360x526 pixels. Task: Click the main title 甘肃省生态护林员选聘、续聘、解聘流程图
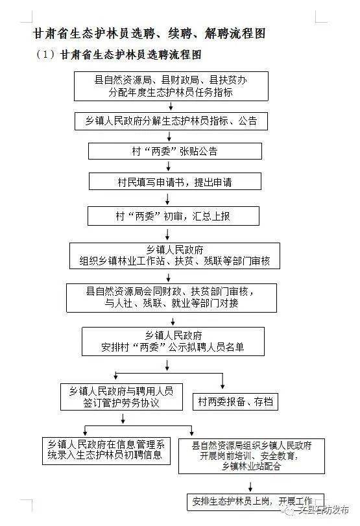click(150, 32)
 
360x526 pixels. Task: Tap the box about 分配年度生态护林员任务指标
click(171, 86)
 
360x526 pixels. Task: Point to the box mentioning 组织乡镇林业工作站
click(174, 256)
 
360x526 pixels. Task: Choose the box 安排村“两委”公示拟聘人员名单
click(173, 341)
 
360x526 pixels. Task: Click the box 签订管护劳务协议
click(121, 397)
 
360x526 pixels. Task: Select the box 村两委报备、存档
click(235, 402)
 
